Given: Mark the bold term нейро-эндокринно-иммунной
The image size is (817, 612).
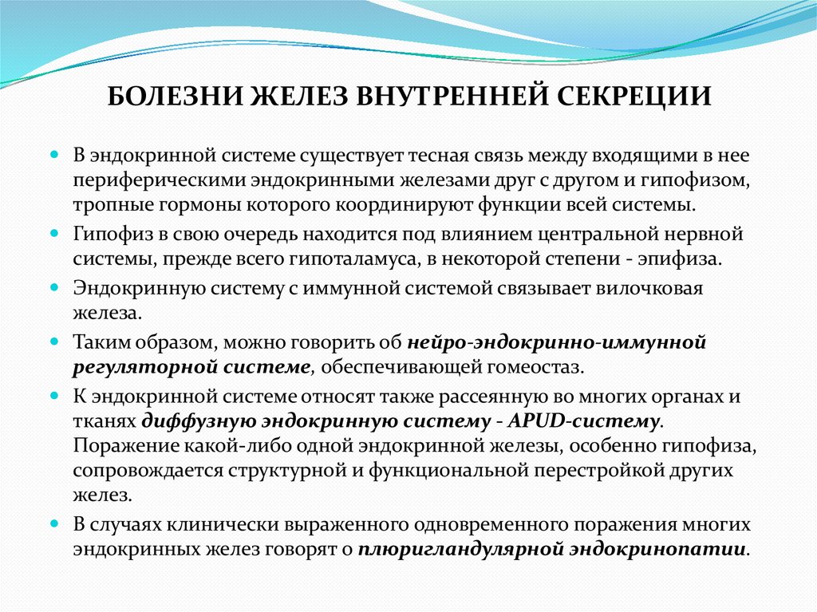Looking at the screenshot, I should [x=557, y=342].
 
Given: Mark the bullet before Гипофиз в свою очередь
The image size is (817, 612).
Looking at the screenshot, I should [x=55, y=236].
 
